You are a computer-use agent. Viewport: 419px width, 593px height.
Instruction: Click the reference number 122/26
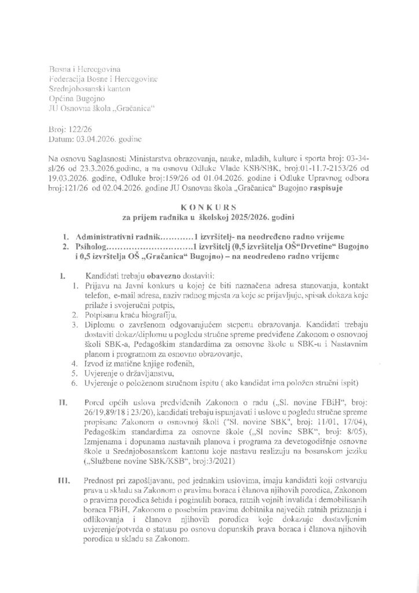click(x=78, y=130)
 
